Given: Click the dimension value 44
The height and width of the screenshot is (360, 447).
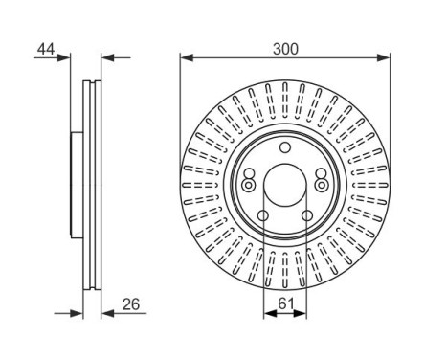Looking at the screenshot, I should [45, 46].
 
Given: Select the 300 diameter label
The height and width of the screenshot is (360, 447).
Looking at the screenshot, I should [284, 46].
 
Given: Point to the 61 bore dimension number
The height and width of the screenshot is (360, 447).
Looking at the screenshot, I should [286, 304].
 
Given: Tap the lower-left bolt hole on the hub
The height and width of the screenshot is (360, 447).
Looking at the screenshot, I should [262, 216].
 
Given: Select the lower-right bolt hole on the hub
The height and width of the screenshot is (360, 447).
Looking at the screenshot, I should [307, 216].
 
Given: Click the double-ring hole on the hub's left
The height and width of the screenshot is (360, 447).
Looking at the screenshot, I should [248, 185].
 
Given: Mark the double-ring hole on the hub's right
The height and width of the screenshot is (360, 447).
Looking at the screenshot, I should [322, 185].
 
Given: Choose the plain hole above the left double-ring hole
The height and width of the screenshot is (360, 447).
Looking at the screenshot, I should [249, 173].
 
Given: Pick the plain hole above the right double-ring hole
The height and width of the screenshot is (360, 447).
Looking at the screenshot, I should [321, 173].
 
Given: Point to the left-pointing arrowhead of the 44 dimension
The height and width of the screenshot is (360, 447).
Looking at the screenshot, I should [107, 57].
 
